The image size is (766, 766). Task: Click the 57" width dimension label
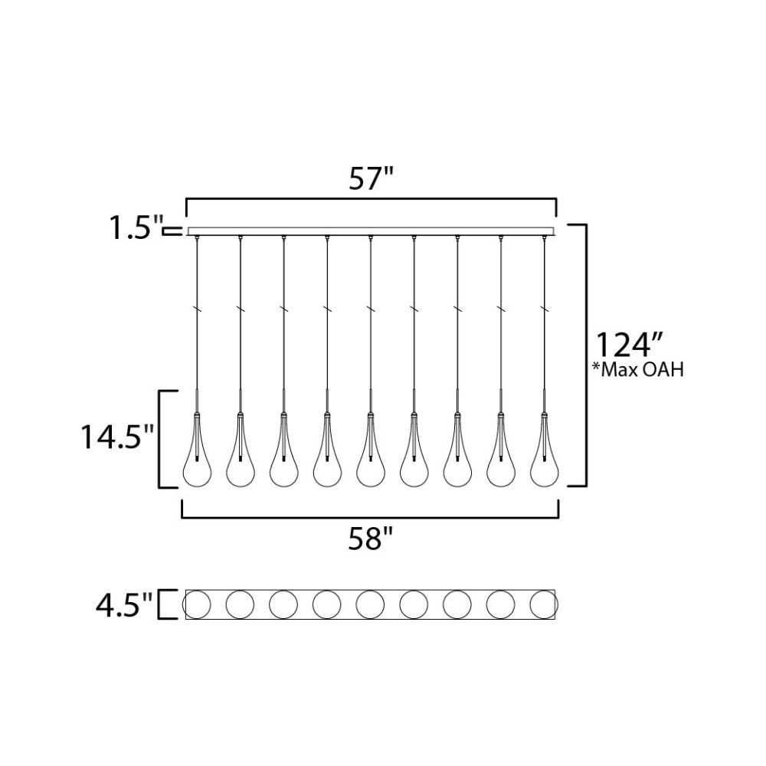372,178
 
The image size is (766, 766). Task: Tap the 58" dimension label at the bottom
371,539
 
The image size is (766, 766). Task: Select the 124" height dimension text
629,345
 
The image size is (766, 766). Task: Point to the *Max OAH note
637,370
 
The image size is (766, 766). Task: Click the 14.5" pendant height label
118,437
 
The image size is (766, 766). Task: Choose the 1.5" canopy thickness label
136,228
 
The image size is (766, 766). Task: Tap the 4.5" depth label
124,605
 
